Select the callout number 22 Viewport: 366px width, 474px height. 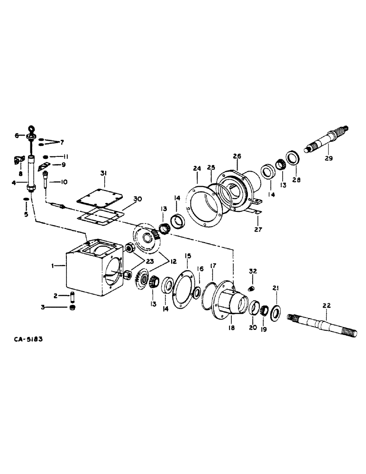(326, 306)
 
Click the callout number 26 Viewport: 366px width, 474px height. (237, 156)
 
